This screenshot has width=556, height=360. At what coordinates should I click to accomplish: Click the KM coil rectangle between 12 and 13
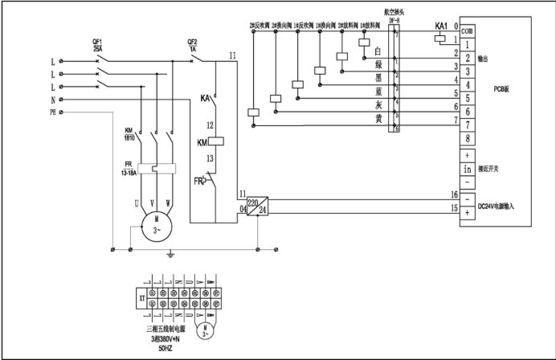[215, 143]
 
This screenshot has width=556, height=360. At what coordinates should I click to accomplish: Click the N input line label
[52, 100]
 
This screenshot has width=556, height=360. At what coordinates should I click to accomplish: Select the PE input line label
[53, 113]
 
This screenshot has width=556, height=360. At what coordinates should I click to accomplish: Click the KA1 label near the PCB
[441, 27]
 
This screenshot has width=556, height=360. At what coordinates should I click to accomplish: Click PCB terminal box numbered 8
[467, 137]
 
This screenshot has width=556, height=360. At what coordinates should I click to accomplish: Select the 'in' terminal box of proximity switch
[467, 169]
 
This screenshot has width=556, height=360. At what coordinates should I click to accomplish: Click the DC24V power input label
[501, 207]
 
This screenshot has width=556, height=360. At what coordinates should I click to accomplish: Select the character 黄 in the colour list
[378, 119]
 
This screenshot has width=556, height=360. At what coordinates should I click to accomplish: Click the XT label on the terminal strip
[141, 297]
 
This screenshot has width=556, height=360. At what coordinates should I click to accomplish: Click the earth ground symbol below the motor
[170, 254]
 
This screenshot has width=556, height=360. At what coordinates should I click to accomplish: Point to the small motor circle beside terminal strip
[206, 330]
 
